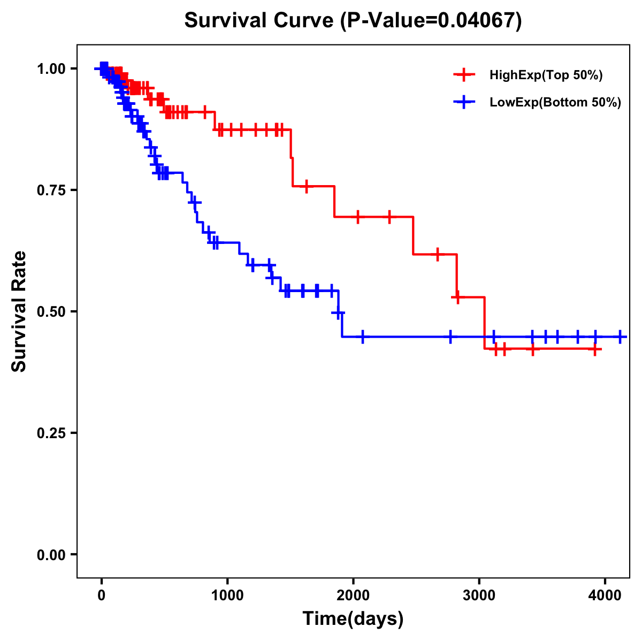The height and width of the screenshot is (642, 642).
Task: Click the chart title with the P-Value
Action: [x=353, y=20]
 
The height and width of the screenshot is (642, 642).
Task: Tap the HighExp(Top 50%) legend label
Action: [x=546, y=75]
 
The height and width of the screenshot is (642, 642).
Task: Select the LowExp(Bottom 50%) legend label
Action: [x=555, y=103]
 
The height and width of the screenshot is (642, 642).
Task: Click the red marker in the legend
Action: [x=464, y=75]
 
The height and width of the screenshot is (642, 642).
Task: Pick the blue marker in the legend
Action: [x=464, y=102]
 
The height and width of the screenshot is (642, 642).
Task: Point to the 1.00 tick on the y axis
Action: [x=51, y=68]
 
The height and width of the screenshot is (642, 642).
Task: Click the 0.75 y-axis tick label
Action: [x=51, y=190]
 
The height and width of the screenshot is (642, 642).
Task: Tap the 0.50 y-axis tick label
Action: [x=51, y=311]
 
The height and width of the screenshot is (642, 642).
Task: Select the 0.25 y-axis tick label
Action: [x=51, y=433]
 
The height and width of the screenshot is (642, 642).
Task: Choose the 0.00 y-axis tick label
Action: [x=51, y=554]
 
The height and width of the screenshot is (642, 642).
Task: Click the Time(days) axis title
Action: [x=353, y=619]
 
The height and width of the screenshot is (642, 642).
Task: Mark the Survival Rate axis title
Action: [x=19, y=311]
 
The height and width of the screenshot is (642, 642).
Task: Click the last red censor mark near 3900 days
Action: [x=594, y=349]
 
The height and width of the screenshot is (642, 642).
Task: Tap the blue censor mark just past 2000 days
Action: [x=363, y=337]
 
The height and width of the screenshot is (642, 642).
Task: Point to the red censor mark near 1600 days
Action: [x=306, y=186]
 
